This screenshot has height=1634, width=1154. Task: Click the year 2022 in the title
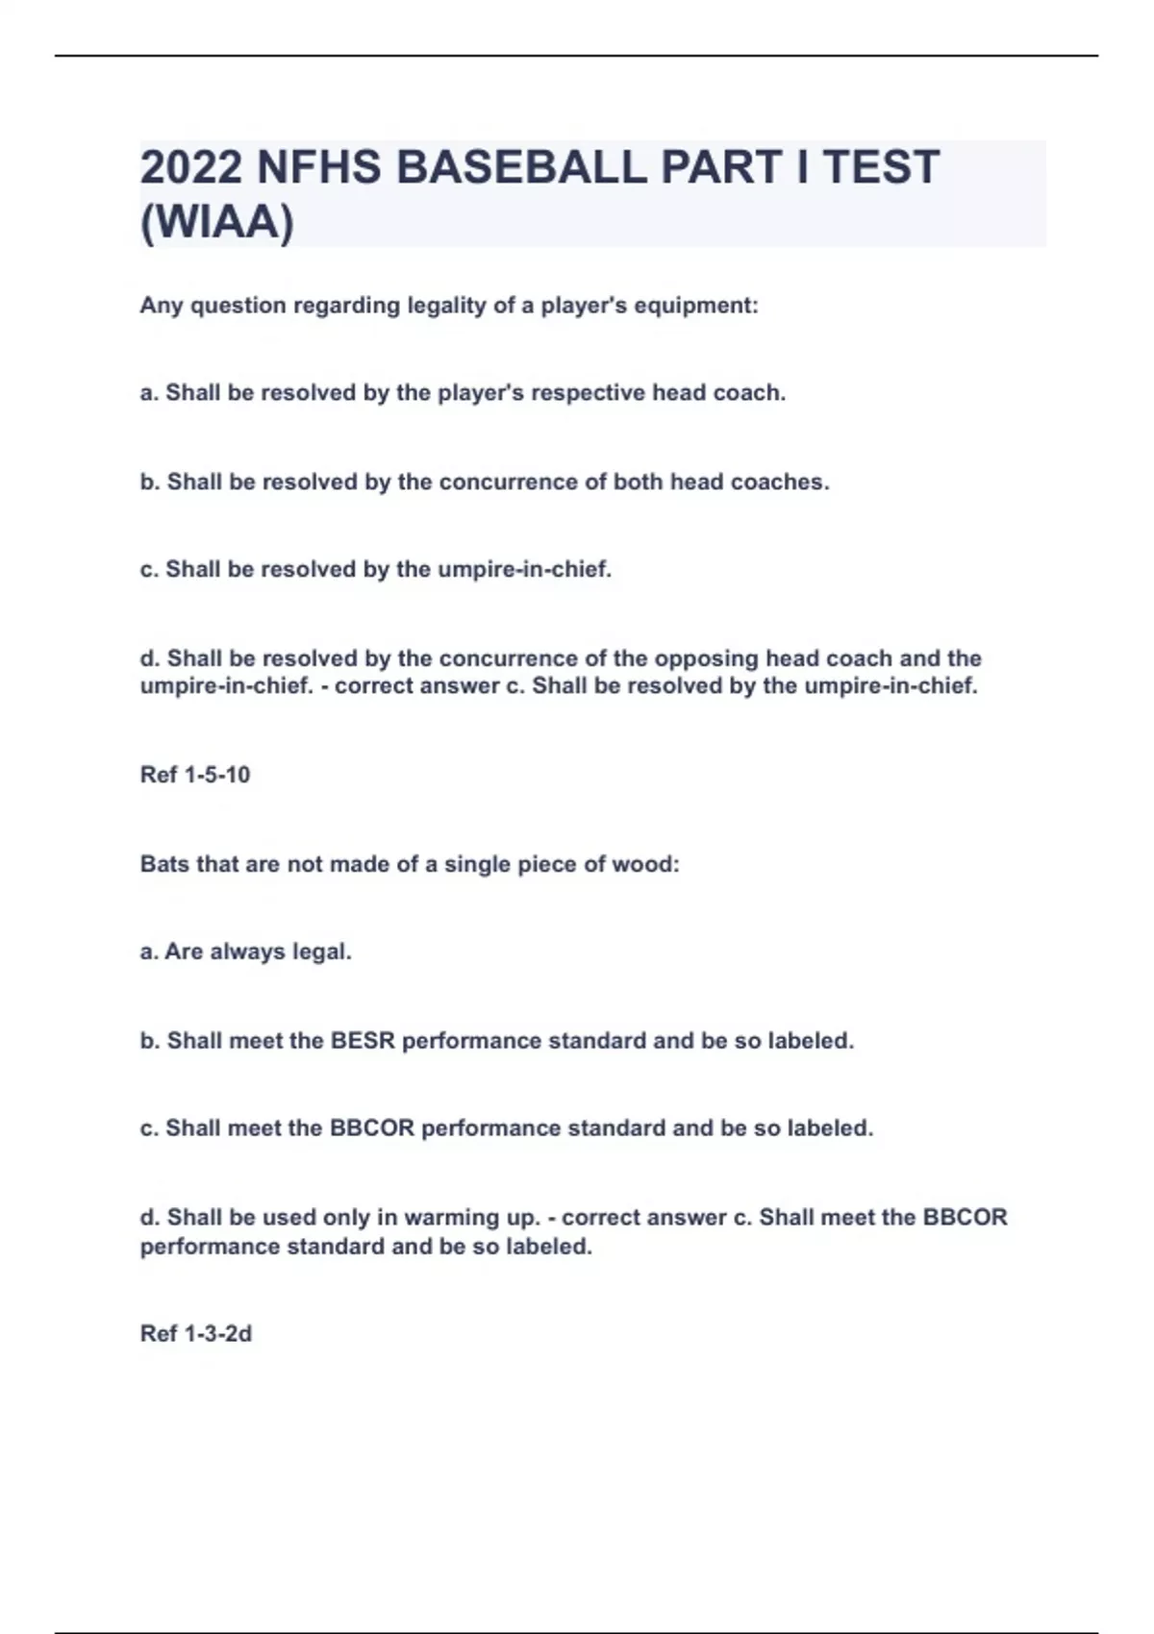click(x=191, y=167)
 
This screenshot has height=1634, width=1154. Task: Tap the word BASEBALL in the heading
click(x=521, y=167)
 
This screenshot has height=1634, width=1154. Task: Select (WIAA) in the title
click(x=217, y=223)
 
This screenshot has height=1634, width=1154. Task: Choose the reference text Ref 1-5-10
click(x=195, y=775)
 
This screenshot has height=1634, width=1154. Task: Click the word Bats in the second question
click(x=164, y=864)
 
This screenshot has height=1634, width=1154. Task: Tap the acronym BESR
click(x=363, y=1041)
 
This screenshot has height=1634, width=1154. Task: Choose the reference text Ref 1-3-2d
click(x=196, y=1334)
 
